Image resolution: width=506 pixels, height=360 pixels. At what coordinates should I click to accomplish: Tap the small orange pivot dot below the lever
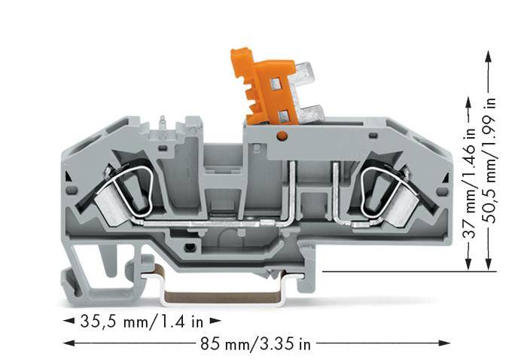(x=281, y=135)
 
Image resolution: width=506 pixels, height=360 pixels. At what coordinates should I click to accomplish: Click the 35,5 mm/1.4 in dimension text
(x=142, y=322)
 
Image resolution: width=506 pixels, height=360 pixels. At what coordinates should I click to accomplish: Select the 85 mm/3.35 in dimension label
(x=255, y=344)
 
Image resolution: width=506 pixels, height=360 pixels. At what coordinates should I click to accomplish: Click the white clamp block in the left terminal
(x=114, y=212)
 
